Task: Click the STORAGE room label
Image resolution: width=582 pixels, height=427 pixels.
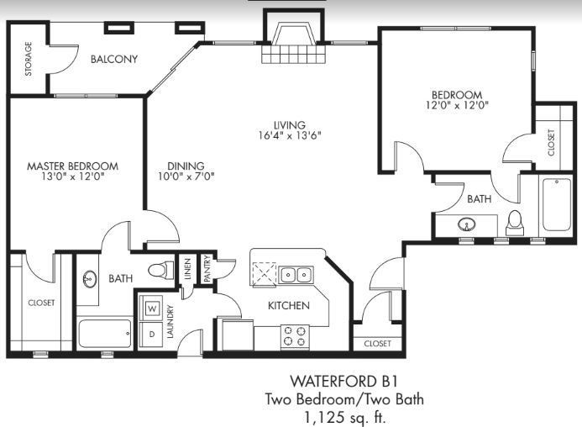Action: coord(29,59)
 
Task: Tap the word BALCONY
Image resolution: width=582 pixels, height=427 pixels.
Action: coord(114,59)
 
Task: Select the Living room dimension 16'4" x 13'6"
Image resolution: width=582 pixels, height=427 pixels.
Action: coord(290,135)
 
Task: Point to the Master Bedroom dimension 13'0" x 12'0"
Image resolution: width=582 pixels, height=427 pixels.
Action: coord(73,177)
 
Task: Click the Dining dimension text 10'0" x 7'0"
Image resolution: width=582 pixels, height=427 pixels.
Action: coord(186,177)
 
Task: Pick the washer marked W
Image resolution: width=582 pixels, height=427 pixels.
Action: coord(152,308)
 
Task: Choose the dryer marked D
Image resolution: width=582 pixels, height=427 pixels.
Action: coord(151,334)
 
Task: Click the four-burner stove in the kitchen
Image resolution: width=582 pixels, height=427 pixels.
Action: coord(295,336)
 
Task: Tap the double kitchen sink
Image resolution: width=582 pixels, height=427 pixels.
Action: coord(296,275)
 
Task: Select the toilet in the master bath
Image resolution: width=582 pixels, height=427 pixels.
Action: coord(161,270)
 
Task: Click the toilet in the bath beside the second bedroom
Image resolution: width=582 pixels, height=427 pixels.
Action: coord(515,223)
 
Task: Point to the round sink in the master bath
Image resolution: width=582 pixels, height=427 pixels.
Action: coord(90,278)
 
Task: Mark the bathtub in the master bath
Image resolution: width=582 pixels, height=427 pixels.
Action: coord(105,334)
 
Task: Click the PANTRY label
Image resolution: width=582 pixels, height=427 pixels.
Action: coord(207,268)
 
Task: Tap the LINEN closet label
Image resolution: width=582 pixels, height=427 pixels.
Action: coord(187,268)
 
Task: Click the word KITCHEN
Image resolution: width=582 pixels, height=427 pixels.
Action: coord(289,305)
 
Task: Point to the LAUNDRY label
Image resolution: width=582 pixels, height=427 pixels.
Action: coord(170,321)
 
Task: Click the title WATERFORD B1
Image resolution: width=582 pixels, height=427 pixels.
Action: coord(343,382)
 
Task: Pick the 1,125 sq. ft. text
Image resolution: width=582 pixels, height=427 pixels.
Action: coord(345,418)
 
